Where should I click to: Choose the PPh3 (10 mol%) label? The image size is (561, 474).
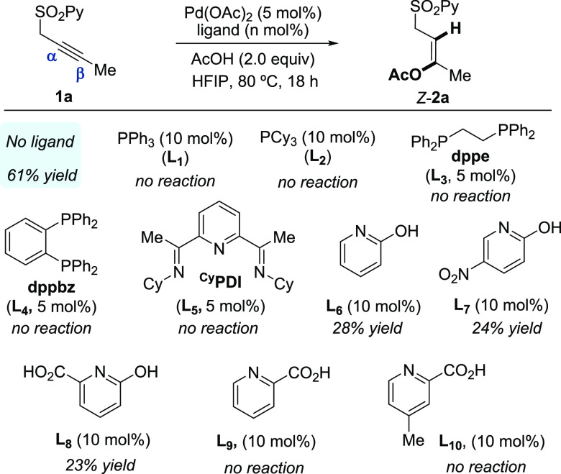(x=167, y=138)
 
